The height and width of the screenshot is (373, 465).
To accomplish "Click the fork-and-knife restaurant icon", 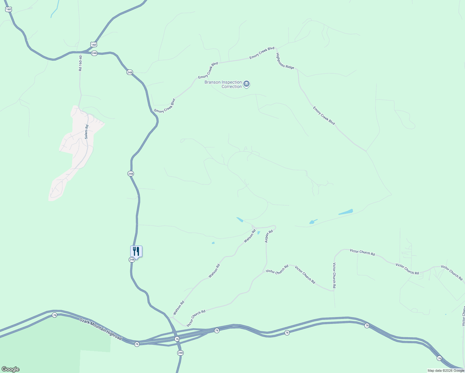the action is tap(136, 251).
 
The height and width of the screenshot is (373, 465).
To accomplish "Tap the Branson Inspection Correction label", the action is tap(223, 84).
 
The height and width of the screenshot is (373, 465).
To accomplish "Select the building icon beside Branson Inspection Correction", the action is tap(246, 84).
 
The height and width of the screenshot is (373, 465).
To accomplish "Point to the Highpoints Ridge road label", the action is tap(285, 61).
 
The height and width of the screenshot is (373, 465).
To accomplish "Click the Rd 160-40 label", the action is tap(81, 63).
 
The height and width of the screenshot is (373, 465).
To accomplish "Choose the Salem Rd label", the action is tap(87, 131).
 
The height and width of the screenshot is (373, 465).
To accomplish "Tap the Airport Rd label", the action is tap(269, 236).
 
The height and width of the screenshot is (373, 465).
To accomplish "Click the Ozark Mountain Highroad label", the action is tap(100, 329).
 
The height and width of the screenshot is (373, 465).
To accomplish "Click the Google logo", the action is tap(11, 369).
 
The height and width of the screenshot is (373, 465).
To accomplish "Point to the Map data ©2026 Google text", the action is tap(446, 371).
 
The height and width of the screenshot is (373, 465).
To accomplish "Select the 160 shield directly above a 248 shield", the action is tap(94, 45).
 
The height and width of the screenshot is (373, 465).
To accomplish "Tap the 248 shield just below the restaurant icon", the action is tap(132, 260).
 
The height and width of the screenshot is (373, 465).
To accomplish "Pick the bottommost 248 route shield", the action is tap(181, 353).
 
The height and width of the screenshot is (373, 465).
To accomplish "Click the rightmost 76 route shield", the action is tap(439, 358).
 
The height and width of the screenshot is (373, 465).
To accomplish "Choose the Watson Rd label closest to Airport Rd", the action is tap(250, 236).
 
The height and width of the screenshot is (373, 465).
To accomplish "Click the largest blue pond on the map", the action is tap(346, 212).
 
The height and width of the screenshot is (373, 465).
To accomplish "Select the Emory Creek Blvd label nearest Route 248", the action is tap(165, 106).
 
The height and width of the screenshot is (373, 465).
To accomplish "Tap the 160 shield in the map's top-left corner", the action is tap(8, 9).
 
